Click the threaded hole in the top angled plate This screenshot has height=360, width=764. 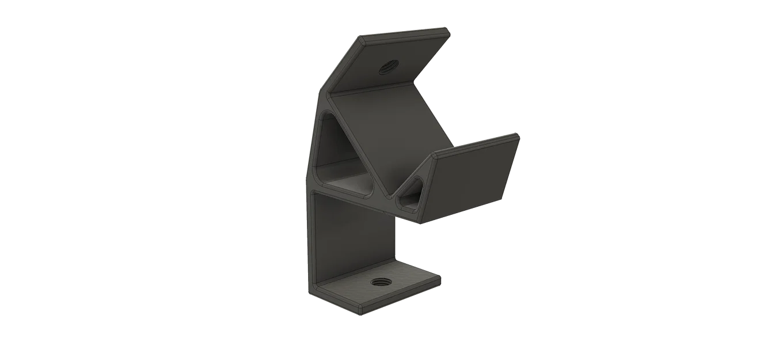coord(384,69)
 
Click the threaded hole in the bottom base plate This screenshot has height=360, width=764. coord(379,283)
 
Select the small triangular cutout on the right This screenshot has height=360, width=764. coord(413,192)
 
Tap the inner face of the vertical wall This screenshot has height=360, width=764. coord(354,236)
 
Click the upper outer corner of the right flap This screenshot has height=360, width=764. coord(518,135)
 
